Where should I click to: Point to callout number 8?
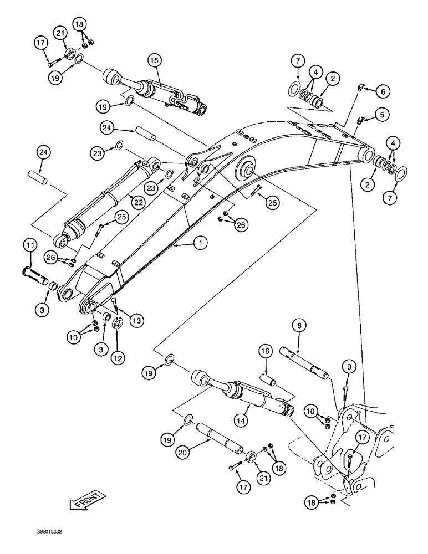pyautogui.click(x=298, y=327)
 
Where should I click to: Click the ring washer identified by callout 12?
pyautogui.click(x=118, y=324)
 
